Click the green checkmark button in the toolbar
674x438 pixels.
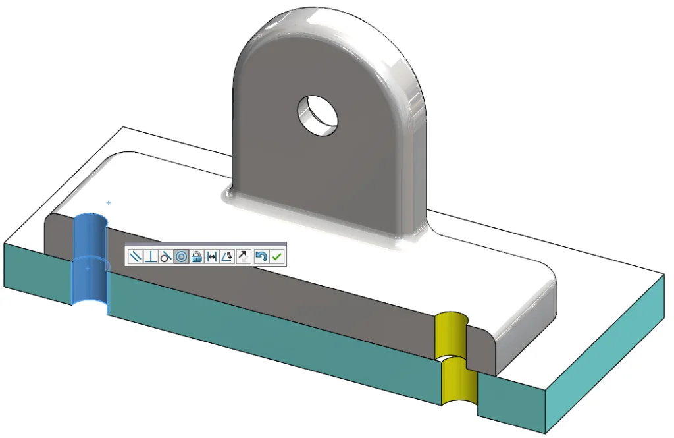[277, 257]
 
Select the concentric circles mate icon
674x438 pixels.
[182, 257]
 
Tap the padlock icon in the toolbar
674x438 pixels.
[196, 257]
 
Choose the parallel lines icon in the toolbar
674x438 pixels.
[136, 257]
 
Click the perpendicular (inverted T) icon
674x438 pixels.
[151, 257]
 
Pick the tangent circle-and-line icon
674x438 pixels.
[166, 257]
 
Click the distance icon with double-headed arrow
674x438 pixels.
[211, 257]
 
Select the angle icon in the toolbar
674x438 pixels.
[227, 257]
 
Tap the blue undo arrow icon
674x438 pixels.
[261, 257]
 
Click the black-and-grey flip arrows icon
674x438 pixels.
[243, 257]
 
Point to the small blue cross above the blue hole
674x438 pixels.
[108, 203]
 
